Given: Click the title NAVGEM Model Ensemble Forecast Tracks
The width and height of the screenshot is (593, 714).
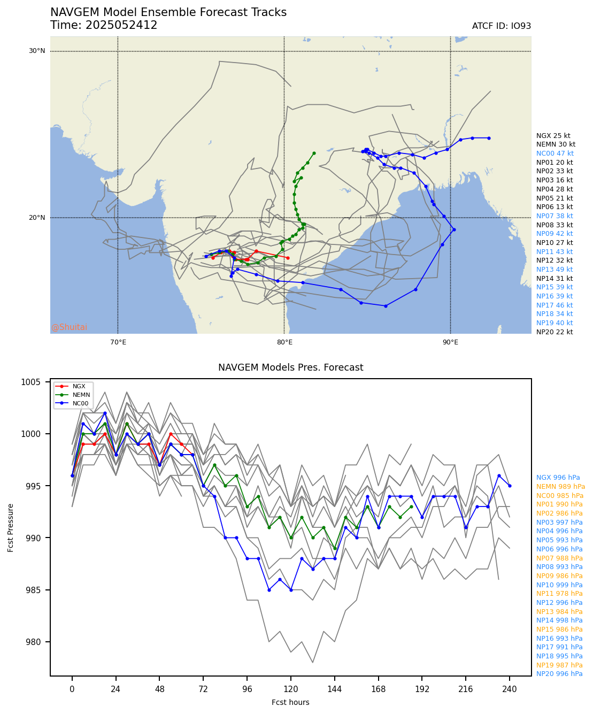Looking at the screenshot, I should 168,12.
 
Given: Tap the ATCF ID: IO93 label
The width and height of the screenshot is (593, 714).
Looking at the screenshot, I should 501,26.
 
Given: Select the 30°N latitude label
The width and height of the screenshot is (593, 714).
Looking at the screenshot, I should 37,51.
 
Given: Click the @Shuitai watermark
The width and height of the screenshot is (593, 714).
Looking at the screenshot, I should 69,327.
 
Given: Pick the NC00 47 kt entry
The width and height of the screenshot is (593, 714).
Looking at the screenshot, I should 555,153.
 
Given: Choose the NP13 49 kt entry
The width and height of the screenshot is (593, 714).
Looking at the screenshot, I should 555,270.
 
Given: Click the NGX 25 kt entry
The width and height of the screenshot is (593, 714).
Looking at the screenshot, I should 553,136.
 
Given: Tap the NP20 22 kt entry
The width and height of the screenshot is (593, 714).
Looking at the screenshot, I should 555,332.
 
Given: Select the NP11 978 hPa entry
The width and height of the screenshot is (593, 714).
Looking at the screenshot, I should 559,594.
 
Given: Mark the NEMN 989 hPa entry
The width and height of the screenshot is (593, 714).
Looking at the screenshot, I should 560,487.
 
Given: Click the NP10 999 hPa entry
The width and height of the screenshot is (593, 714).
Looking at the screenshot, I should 559,585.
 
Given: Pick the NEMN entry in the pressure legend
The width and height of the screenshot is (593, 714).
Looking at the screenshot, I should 82,395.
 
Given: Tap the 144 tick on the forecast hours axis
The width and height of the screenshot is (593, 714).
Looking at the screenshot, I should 335,689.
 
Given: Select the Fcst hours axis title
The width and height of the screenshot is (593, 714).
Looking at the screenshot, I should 290,702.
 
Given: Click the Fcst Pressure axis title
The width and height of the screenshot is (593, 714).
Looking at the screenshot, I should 11,527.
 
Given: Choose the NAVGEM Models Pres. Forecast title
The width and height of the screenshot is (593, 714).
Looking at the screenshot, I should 290,367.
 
